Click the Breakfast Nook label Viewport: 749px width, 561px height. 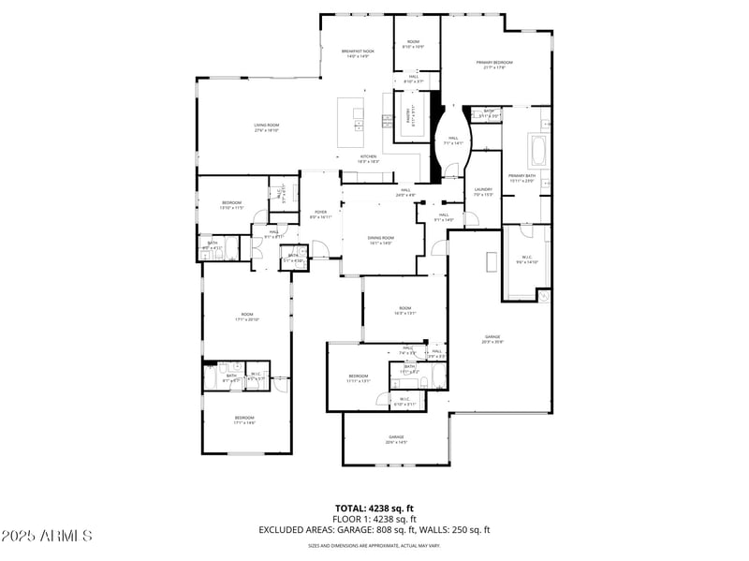(356, 54)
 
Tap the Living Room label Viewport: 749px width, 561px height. (266, 127)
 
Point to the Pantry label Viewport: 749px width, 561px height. (408, 116)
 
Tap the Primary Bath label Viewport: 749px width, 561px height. (521, 178)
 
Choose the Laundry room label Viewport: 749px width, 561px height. (483, 192)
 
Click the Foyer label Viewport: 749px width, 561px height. (320, 214)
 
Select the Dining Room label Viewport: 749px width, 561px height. (381, 241)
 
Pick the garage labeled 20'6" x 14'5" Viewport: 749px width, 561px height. (396, 439)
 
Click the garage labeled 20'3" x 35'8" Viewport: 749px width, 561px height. (492, 339)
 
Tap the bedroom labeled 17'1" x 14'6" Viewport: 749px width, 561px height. (244, 420)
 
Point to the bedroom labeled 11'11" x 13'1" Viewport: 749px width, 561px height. (360, 378)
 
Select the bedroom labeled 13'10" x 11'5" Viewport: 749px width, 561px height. (232, 204)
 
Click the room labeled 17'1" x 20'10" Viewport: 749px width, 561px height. (247, 317)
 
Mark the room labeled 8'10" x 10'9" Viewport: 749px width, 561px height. (413, 44)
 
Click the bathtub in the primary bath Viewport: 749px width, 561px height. (538, 150)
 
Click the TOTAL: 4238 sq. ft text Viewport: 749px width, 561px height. (374, 508)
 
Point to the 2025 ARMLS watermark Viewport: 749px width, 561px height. (47, 536)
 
